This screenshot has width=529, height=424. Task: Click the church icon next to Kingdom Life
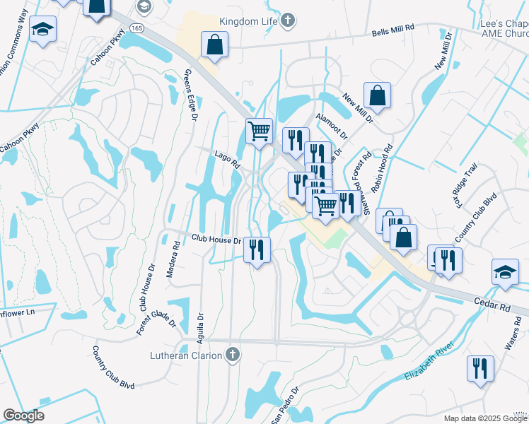pyautogui.click(x=287, y=21)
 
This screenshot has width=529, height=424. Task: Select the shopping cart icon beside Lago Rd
pyautogui.click(x=259, y=131)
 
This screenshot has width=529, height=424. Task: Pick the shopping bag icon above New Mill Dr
pyautogui.click(x=378, y=95)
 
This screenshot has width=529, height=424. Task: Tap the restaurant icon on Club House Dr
pyautogui.click(x=257, y=249)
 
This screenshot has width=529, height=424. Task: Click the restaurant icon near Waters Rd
pyautogui.click(x=479, y=368)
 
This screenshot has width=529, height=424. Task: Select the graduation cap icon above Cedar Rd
pyautogui.click(x=505, y=272)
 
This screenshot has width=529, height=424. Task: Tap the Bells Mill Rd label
pyautogui.click(x=399, y=34)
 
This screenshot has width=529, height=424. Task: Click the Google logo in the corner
pyautogui.click(x=23, y=416)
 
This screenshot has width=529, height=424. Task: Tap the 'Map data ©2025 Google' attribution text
pyautogui.click(x=485, y=418)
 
